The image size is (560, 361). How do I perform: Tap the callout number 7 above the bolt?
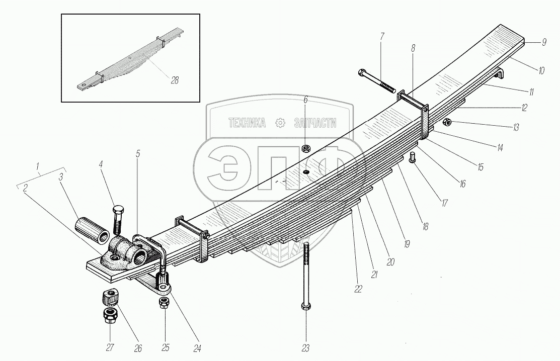[x=382, y=37]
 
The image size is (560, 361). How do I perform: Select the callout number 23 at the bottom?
[x=305, y=347]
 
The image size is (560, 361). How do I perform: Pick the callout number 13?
[x=516, y=128]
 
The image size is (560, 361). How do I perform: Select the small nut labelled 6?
[x=305, y=149]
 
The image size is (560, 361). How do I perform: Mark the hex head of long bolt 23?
[x=305, y=306]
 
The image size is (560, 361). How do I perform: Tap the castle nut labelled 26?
[x=110, y=297]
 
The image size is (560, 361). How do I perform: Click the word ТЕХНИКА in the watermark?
[x=247, y=123]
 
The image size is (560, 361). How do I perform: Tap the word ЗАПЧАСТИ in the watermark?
[x=314, y=123]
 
